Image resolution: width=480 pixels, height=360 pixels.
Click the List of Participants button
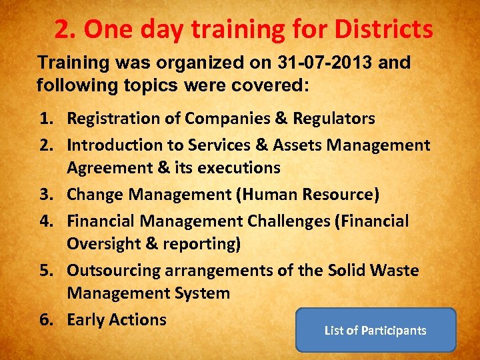click(x=375, y=330)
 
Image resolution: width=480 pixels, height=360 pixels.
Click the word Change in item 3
click(x=93, y=195)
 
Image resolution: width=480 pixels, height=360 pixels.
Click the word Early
click(x=86, y=320)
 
